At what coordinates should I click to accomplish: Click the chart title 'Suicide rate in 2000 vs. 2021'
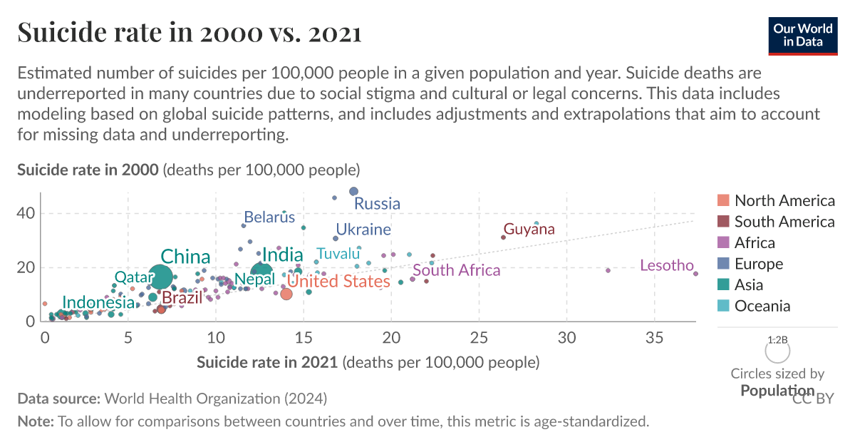[189, 33]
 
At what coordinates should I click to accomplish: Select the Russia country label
[377, 204]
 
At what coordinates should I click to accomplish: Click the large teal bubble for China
[162, 277]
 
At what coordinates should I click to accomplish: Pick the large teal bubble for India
[262, 271]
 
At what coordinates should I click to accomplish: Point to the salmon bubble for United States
[286, 294]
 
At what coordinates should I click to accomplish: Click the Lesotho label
[666, 266]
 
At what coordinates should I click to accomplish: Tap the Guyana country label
[529, 230]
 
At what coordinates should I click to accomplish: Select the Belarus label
[269, 217]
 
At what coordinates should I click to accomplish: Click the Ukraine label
[363, 230]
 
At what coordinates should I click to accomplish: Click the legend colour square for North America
[723, 200]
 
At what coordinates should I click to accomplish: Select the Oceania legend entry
[762, 306]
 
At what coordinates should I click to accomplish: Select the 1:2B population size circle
[777, 351]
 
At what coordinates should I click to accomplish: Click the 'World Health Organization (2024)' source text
[216, 398]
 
